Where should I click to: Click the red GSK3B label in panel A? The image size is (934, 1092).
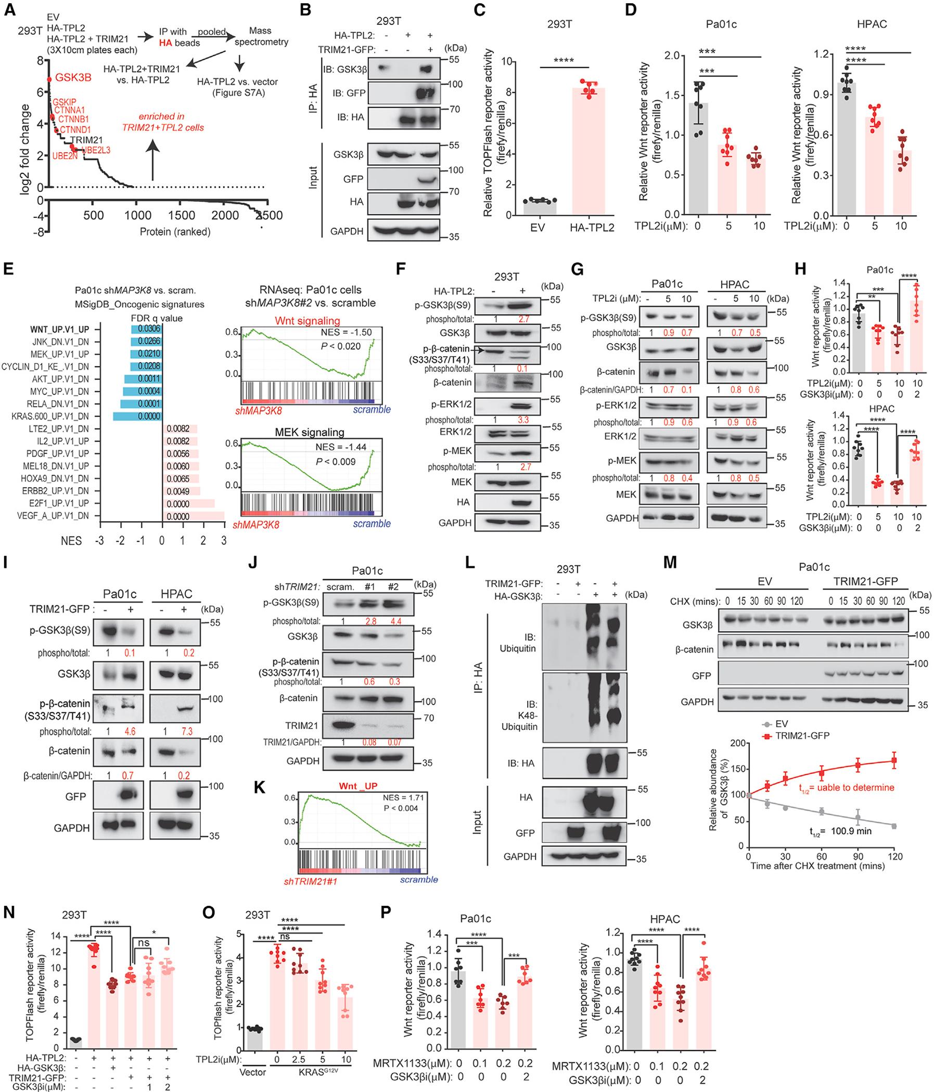[73, 77]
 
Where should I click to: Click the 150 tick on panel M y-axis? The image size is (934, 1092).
[737, 765]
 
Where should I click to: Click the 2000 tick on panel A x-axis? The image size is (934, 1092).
[224, 216]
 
